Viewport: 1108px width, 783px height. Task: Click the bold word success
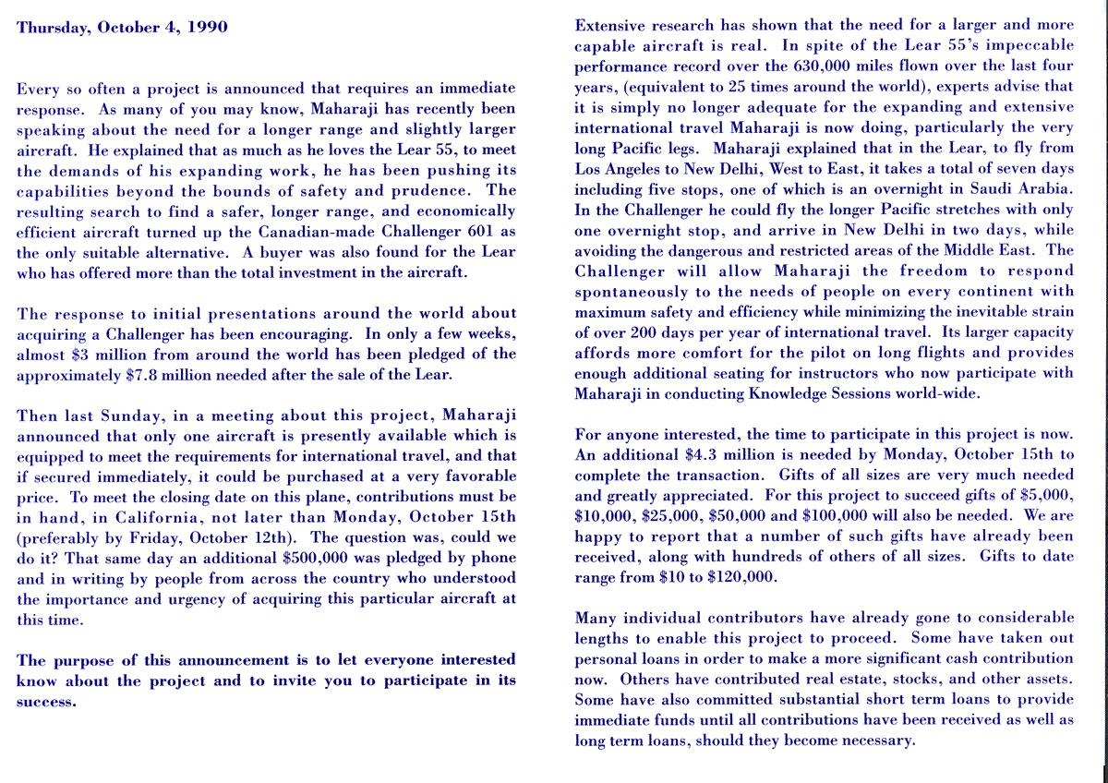46,701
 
